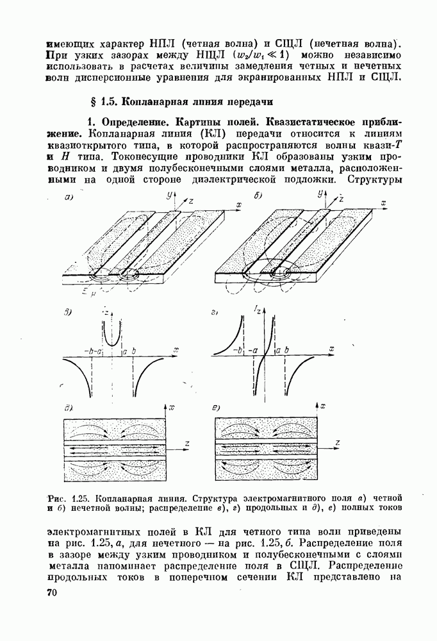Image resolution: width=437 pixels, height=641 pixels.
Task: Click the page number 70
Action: tap(52, 594)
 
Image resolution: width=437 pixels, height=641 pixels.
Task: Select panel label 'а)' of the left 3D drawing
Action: tap(70, 198)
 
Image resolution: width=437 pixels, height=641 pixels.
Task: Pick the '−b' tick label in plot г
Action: tap(238, 351)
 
